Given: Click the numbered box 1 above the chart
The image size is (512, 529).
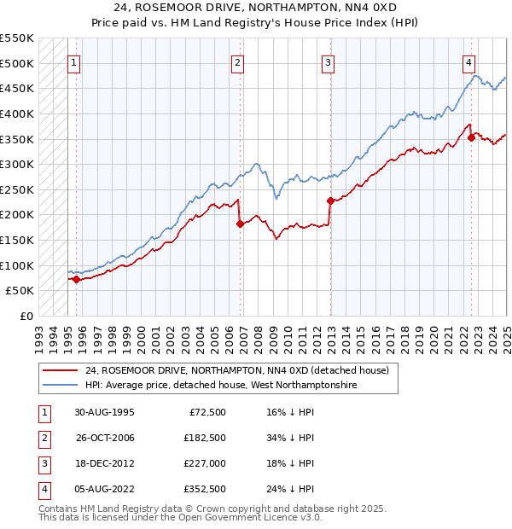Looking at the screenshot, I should tap(73, 62).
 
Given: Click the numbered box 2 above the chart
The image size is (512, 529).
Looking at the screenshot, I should tap(237, 62).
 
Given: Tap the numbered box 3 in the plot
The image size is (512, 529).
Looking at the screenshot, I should tap(328, 62).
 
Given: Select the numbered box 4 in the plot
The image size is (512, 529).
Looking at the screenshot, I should tap(469, 62).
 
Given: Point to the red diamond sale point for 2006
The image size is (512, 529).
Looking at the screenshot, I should tap(241, 224).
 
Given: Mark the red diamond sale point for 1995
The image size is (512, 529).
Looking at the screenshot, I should tap(77, 279).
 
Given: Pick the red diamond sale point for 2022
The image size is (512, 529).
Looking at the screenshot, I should tap(471, 137).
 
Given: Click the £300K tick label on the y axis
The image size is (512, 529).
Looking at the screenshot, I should tap(17, 164).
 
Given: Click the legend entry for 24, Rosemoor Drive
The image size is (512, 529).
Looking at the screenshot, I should tap(236, 370).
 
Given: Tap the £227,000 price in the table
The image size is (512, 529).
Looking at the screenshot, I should tap(205, 463).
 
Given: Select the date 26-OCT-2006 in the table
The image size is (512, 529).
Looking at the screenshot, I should tap(105, 439).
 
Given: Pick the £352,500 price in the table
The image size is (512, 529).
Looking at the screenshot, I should tap(205, 489).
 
